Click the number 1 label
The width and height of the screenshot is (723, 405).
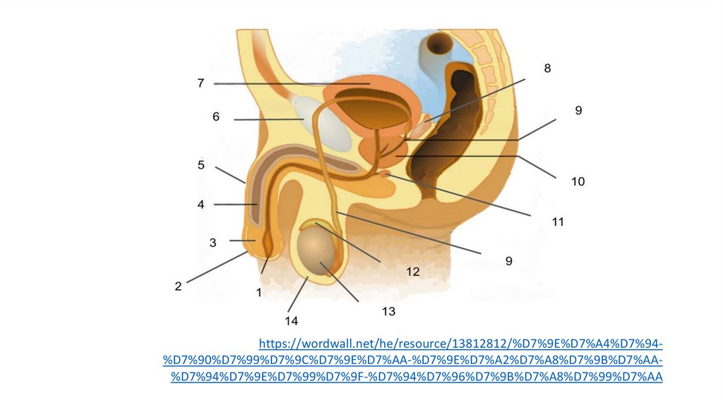tap(259, 291)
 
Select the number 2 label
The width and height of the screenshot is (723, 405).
tap(179, 286)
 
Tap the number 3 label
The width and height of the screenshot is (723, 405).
tap(213, 243)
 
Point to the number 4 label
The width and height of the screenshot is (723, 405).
tap(201, 205)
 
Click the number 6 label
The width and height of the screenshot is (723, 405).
tap(217, 116)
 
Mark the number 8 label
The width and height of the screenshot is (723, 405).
tap(547, 68)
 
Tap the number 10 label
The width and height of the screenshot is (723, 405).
tap(578, 181)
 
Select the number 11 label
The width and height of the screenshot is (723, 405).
tap(558, 222)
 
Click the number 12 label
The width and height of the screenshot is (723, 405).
tap(412, 271)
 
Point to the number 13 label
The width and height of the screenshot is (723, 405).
tap(388, 310)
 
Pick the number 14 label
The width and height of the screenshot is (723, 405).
tap(292, 321)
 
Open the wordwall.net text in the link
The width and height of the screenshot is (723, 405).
tap(325, 344)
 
